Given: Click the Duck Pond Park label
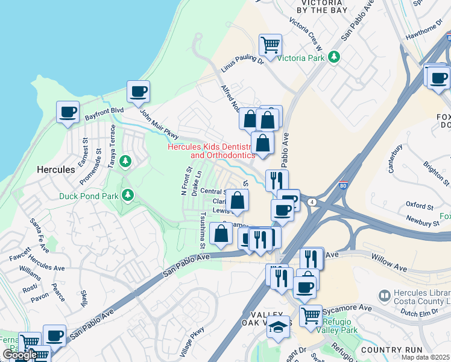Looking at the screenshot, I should point(89,195).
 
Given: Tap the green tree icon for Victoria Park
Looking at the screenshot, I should point(333,57).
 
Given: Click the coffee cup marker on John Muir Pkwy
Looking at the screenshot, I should point(139,92).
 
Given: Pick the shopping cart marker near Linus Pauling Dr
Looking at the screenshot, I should point(271,44).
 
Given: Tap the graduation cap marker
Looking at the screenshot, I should point(278,328).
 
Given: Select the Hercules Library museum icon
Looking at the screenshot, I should point(383,296).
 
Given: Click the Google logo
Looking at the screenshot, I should point(20,355).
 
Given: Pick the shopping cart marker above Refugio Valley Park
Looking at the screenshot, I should point(311,314).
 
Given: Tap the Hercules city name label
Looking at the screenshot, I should point(56,170).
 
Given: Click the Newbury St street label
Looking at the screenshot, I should point(422,221).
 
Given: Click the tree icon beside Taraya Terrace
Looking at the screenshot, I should point(125,161).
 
